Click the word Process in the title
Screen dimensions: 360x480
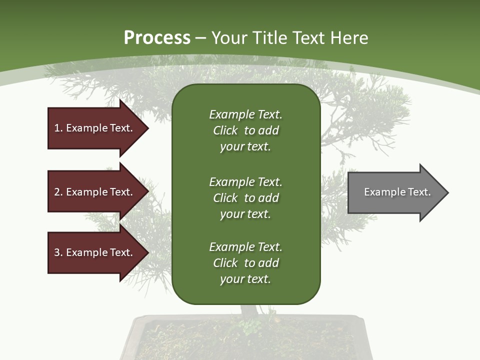(x=157, y=38)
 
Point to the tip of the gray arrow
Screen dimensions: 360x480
(x=447, y=192)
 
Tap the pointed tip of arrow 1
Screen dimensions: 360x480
(x=147, y=128)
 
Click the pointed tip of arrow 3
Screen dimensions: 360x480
(x=147, y=252)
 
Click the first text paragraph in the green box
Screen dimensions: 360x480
(x=245, y=130)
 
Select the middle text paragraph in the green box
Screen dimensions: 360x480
(x=245, y=198)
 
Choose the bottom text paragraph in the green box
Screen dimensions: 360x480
(x=245, y=263)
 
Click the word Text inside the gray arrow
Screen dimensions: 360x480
(x=419, y=192)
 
